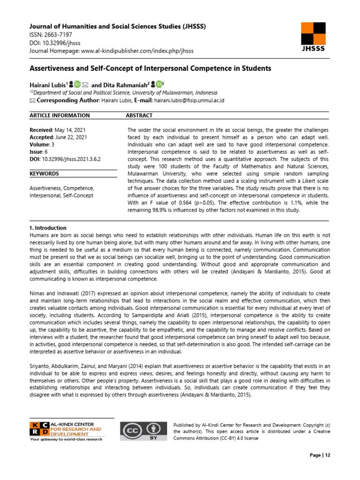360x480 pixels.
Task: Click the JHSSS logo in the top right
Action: (x=312, y=37)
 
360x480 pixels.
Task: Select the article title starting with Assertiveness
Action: (x=150, y=68)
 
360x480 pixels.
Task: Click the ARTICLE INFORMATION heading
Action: (x=60, y=115)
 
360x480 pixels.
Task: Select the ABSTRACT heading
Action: (x=139, y=115)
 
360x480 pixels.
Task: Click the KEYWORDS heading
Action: (x=44, y=173)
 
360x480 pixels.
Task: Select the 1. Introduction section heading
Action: (x=48, y=228)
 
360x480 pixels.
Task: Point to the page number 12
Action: (x=327, y=455)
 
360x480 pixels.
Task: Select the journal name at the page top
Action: (x=117, y=26)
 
